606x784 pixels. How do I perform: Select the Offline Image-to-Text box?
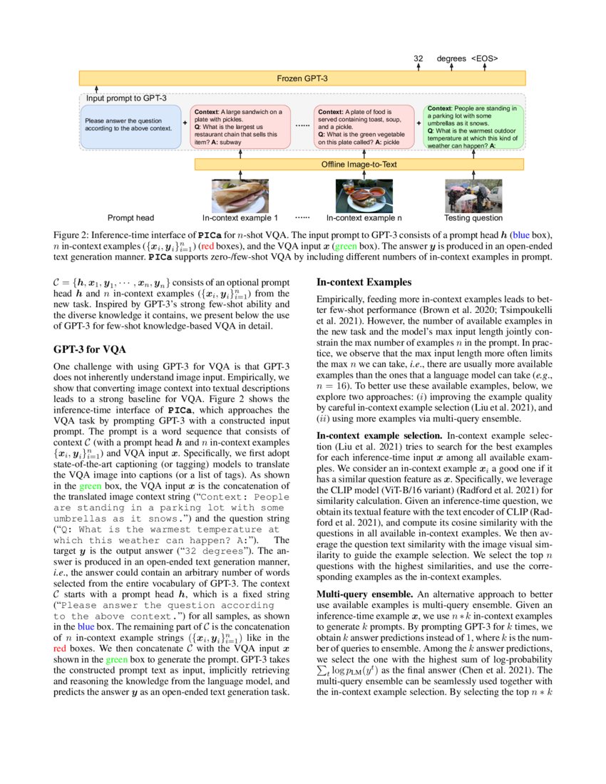(x=359, y=164)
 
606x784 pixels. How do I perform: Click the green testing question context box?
(x=473, y=127)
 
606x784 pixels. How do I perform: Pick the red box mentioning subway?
(x=240, y=127)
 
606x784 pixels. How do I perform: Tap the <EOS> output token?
(x=484, y=58)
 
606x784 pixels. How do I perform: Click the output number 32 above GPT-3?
(x=418, y=58)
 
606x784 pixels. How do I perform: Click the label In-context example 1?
(x=240, y=218)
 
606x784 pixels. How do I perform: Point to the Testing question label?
(x=473, y=218)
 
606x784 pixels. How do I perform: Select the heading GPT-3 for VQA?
(x=89, y=350)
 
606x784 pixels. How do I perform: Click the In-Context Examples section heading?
(x=364, y=282)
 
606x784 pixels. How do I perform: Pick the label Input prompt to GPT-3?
(x=126, y=98)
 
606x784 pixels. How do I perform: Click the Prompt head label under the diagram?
(x=130, y=218)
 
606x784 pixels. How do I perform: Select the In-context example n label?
(x=364, y=218)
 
